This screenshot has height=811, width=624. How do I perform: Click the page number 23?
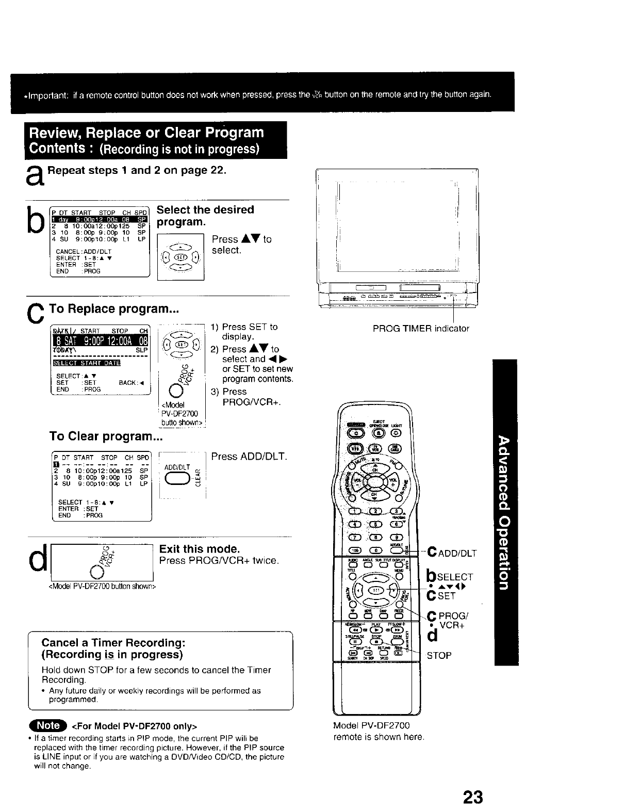click(472, 797)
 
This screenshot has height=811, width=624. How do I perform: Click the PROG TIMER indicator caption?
click(420, 328)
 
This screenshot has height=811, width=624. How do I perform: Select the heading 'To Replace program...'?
click(113, 309)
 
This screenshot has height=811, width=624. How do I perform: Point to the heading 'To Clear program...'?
click(106, 436)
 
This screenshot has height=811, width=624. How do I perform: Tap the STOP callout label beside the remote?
click(439, 655)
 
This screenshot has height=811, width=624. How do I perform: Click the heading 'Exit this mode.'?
click(200, 548)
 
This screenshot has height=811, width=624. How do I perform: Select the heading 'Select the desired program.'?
click(205, 216)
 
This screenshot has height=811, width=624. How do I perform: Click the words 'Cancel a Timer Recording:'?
click(113, 643)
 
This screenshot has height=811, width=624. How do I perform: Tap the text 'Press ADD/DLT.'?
click(249, 457)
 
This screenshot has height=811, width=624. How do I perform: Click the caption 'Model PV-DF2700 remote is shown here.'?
click(378, 731)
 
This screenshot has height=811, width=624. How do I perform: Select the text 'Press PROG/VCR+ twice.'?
click(219, 560)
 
